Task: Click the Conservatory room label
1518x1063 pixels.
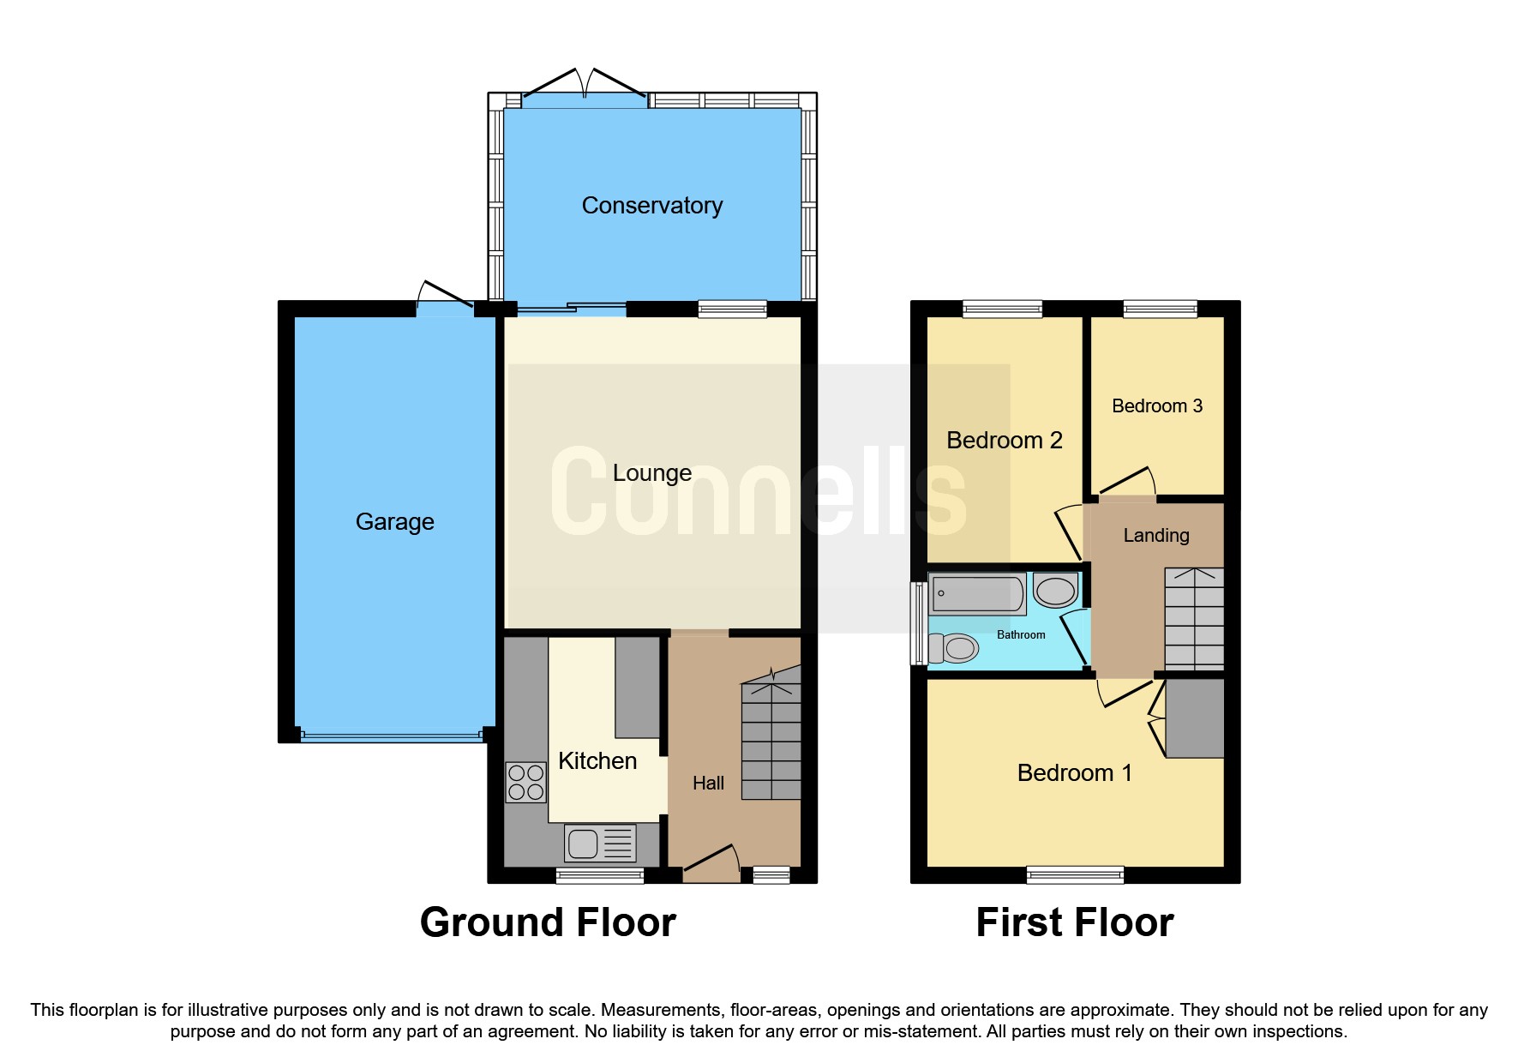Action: coord(651,206)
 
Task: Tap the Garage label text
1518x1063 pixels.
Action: coord(394,521)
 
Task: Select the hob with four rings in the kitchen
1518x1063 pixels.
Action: coord(525,782)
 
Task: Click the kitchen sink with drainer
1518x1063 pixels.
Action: coord(600,843)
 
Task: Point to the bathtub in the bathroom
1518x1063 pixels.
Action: coord(977,594)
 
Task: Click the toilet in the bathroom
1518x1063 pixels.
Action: coord(954,648)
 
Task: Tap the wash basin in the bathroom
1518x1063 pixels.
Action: coord(1055,591)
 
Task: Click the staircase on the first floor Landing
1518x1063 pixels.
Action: coord(1193,618)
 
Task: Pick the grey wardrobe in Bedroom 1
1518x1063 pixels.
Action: coord(1194,718)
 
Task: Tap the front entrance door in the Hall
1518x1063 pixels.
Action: coord(711,861)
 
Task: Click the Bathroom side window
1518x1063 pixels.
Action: coord(918,623)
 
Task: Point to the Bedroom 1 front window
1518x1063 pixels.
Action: coord(1075,874)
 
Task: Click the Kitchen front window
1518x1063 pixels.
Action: coord(599,875)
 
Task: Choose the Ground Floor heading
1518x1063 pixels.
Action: coord(548,923)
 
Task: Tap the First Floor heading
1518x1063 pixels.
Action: coord(1074,923)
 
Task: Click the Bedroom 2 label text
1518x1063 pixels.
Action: coord(1004,441)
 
